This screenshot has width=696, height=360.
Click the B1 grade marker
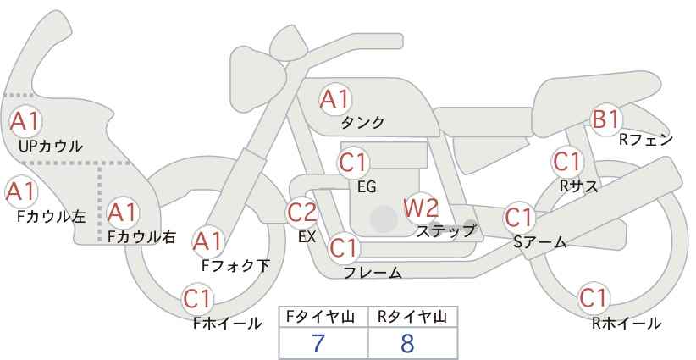[606, 119]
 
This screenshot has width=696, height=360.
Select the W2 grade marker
[420, 208]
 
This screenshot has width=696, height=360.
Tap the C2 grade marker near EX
[302, 212]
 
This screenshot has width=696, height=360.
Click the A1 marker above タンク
[335, 99]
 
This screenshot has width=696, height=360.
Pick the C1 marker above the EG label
[353, 163]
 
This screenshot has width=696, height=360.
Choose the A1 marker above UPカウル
[25, 121]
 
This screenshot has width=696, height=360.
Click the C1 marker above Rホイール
[594, 298]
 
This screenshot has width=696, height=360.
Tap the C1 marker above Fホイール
[198, 298]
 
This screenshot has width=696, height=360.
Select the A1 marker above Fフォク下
[207, 241]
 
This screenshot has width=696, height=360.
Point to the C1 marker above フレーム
[344, 247]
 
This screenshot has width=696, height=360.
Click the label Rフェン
[646, 140]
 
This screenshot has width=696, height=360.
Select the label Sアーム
[540, 242]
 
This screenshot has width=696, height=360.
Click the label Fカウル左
[51, 216]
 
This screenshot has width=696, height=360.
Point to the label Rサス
[578, 186]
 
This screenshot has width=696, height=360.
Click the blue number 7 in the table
[318, 343]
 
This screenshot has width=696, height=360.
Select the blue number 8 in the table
[407, 343]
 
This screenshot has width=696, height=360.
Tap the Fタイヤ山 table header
[320, 317]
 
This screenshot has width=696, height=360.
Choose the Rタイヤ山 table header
[412, 317]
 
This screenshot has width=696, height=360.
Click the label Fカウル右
[141, 236]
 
